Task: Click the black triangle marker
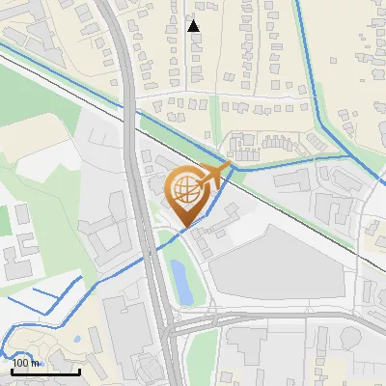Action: [194, 26]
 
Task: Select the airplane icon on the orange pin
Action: [214, 175]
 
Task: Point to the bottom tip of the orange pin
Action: [186, 228]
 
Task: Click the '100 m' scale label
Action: [26, 363]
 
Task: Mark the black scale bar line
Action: [45, 372]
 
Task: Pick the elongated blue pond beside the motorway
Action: [179, 278]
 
